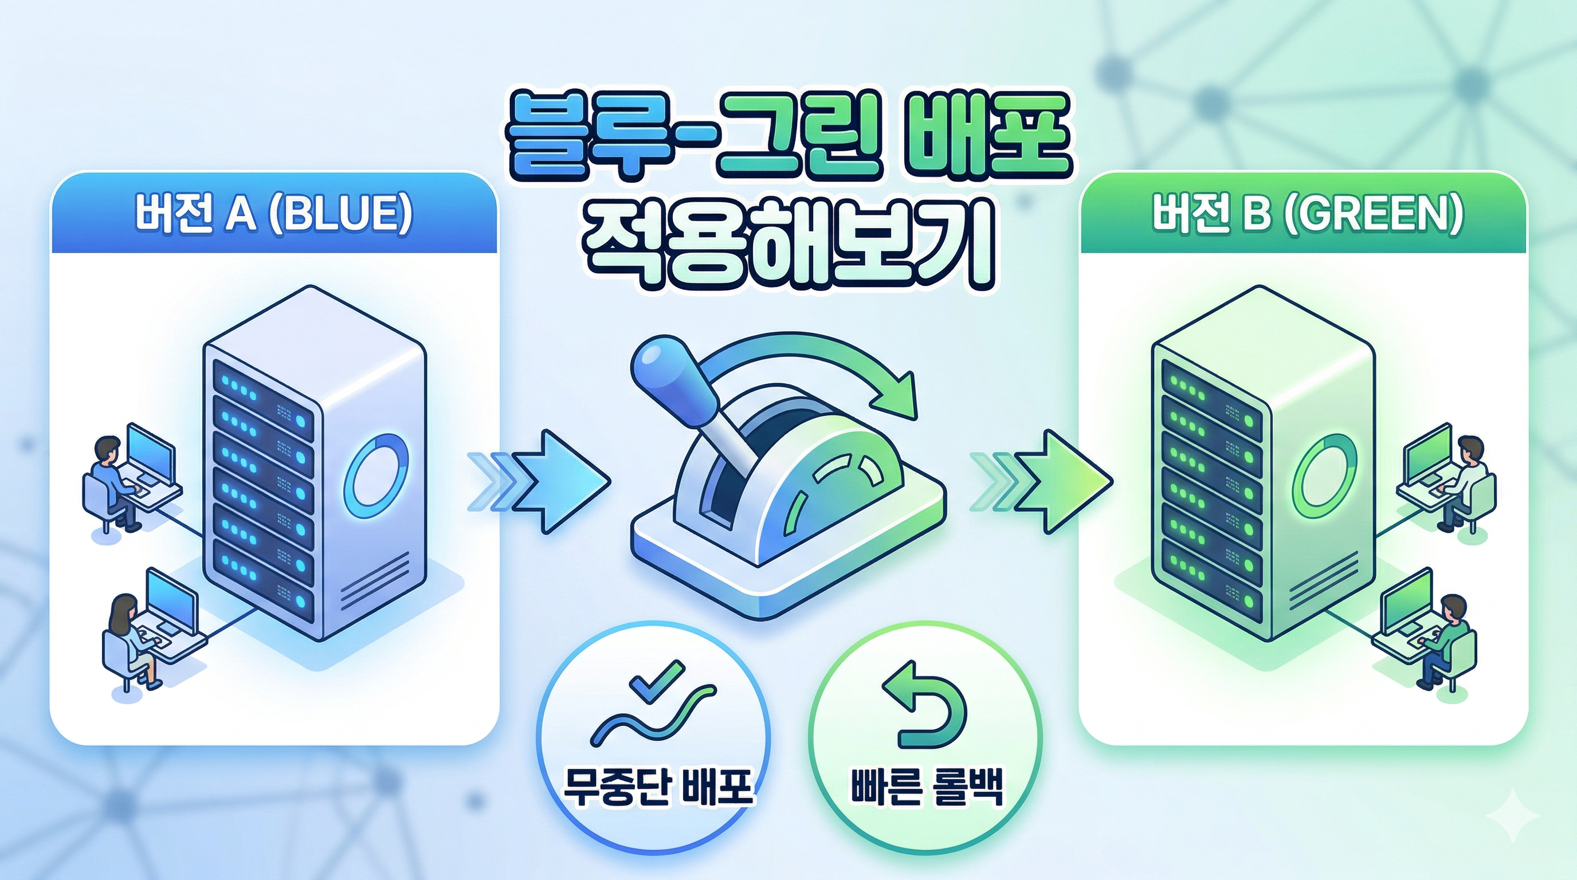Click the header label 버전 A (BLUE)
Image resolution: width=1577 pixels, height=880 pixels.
pyautogui.click(x=274, y=214)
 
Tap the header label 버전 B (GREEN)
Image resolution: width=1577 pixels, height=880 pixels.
pyautogui.click(x=1307, y=214)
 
